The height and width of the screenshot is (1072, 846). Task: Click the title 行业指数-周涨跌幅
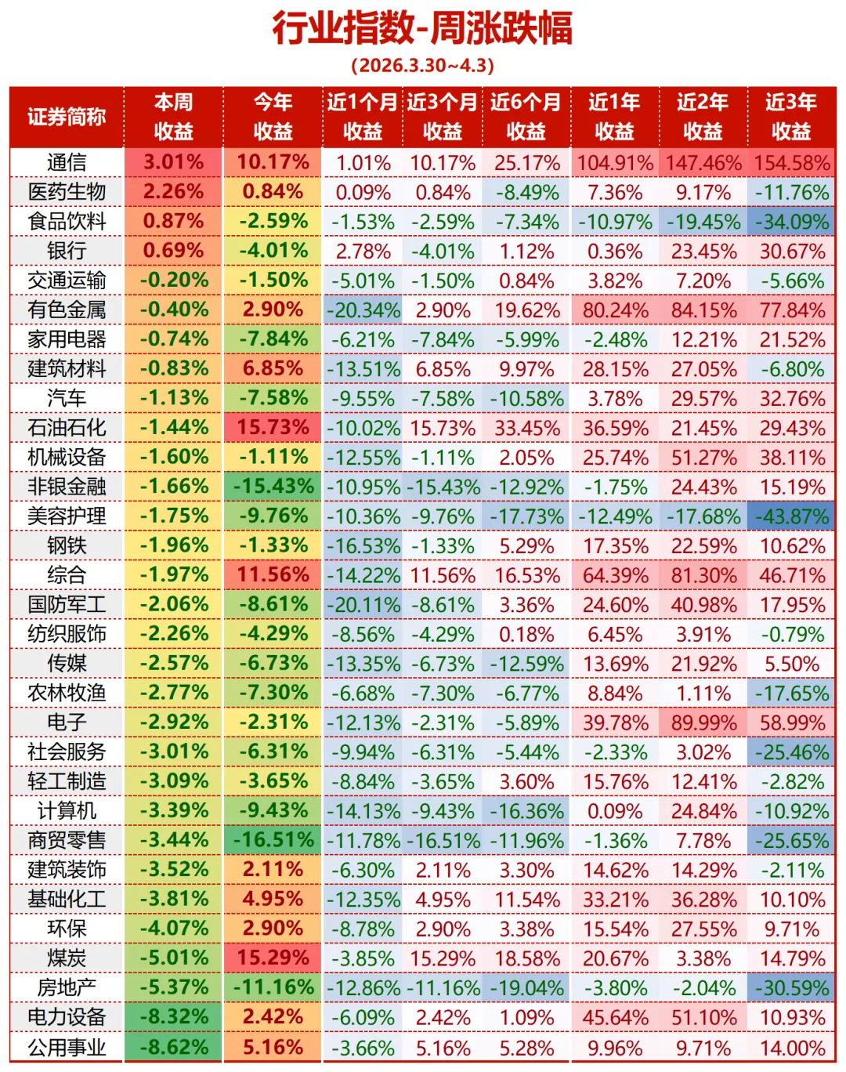pyautogui.click(x=422, y=28)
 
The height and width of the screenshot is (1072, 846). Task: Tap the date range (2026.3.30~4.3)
pyautogui.click(x=422, y=65)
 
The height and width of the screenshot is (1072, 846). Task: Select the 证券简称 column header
pyautogui.click(x=67, y=117)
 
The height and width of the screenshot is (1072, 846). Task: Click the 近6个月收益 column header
pyautogui.click(x=526, y=117)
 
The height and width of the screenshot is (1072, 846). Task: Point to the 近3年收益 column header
pyautogui.click(x=791, y=117)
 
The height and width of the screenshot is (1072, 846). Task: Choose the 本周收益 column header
pyautogui.click(x=173, y=117)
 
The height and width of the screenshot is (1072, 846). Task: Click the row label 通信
pyautogui.click(x=67, y=162)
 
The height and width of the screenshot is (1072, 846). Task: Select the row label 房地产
pyautogui.click(x=67, y=987)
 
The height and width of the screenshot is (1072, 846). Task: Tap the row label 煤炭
pyautogui.click(x=67, y=958)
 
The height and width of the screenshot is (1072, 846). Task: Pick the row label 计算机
pyautogui.click(x=67, y=810)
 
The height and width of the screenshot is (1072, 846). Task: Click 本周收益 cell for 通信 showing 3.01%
pyautogui.click(x=173, y=162)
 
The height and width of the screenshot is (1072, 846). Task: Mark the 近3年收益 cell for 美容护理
pyautogui.click(x=791, y=516)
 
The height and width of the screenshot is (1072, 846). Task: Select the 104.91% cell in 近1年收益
pyautogui.click(x=615, y=163)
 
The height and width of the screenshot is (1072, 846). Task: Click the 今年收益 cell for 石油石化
pyautogui.click(x=273, y=428)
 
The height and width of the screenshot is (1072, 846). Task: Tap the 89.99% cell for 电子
pyautogui.click(x=703, y=723)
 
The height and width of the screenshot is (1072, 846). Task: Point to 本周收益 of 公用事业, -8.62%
pyautogui.click(x=173, y=1047)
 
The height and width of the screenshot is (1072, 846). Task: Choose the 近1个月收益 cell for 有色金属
pyautogui.click(x=363, y=310)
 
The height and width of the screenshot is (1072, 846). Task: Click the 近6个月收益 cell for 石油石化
pyautogui.click(x=526, y=429)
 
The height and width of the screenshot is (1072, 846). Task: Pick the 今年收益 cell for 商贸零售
pyautogui.click(x=273, y=840)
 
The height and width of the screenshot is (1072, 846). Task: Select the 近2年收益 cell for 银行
pyautogui.click(x=703, y=252)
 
